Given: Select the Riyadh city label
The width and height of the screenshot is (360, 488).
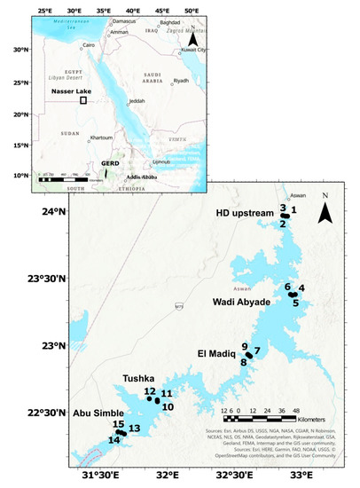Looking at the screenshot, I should click(x=181, y=82).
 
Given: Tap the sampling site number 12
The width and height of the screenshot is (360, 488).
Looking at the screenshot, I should click(x=150, y=391).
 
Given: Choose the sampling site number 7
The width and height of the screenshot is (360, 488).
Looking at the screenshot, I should click(x=256, y=350).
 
